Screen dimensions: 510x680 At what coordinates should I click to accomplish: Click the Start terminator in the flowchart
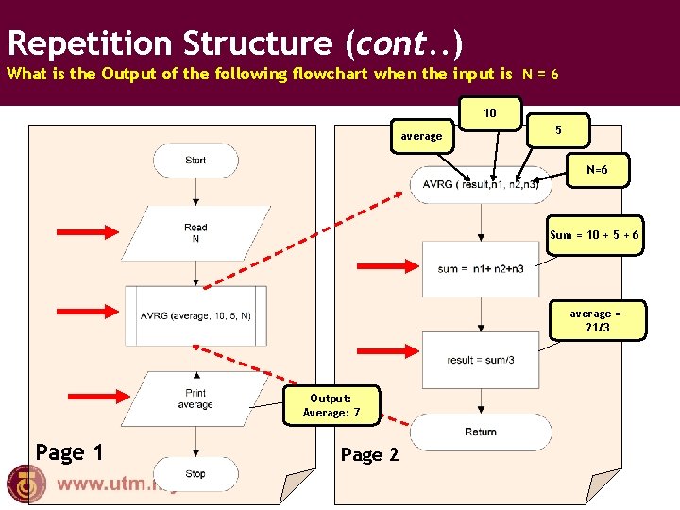[195, 161]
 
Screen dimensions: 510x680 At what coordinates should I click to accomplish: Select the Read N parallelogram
[195, 232]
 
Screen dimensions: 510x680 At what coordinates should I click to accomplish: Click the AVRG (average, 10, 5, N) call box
[195, 315]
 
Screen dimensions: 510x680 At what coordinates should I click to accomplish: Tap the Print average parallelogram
[195, 399]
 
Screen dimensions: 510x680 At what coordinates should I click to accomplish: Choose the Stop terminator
[195, 473]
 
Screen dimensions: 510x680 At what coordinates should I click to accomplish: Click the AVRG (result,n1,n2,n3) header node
[481, 184]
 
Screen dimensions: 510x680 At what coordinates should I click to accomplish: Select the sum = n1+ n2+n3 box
[481, 269]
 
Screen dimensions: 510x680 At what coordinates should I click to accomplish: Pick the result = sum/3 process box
[481, 360]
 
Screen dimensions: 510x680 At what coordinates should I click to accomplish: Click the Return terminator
[481, 432]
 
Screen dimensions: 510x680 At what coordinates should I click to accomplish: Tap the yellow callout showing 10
[490, 113]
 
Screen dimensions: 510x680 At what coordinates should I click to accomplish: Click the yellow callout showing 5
[558, 129]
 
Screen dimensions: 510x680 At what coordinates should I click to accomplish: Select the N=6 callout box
[597, 170]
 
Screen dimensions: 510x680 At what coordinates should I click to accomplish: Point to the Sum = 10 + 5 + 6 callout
[595, 235]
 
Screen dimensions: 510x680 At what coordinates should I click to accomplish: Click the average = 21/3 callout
[596, 320]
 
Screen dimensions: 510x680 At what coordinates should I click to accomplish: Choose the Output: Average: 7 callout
[331, 405]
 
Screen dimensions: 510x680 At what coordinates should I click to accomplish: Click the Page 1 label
[69, 452]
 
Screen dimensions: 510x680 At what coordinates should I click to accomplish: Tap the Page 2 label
[369, 455]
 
